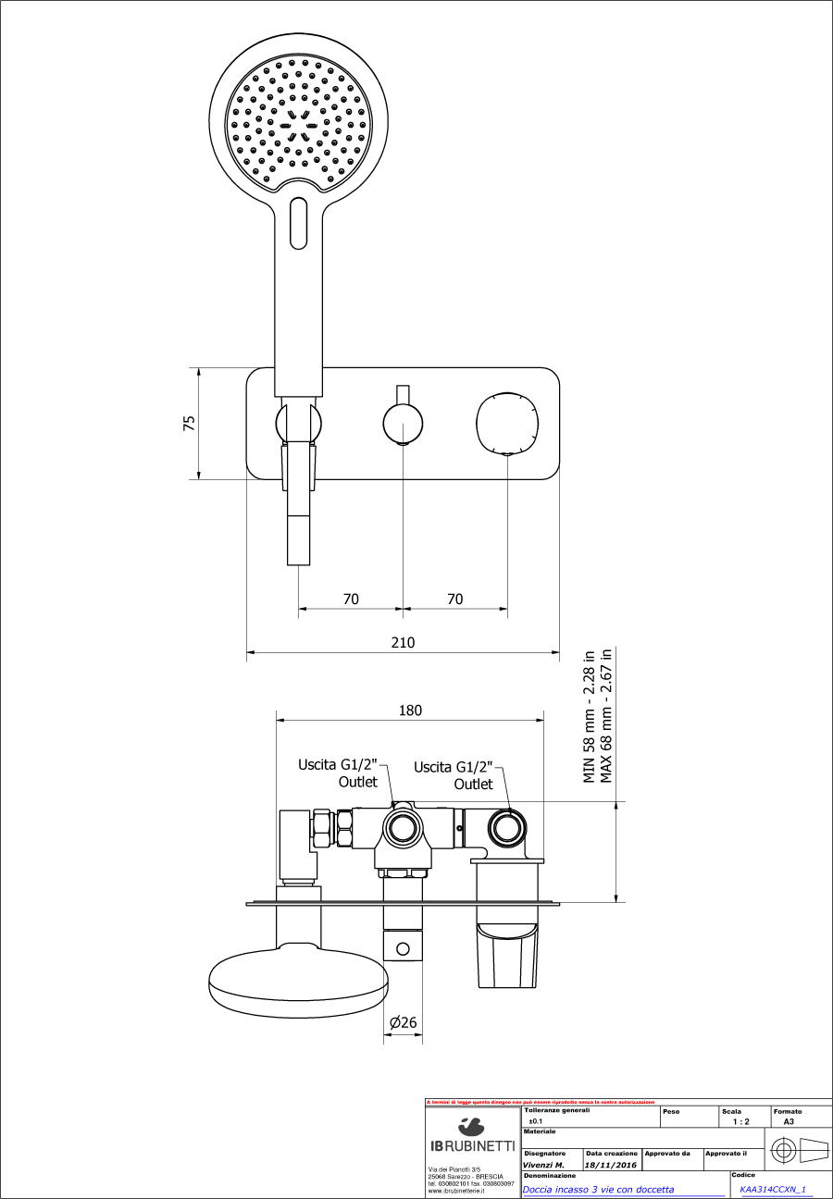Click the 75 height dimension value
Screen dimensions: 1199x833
click(x=190, y=423)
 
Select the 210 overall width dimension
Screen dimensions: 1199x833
click(x=403, y=642)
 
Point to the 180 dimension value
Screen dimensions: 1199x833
click(x=410, y=711)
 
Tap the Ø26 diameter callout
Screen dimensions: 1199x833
click(x=403, y=1022)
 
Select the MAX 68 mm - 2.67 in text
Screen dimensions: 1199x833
click(x=607, y=715)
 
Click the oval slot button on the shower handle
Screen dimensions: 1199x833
click(x=298, y=223)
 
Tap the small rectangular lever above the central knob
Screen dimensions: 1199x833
click(x=403, y=394)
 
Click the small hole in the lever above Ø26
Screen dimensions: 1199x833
click(x=403, y=948)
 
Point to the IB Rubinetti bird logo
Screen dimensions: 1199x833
click(x=472, y=1126)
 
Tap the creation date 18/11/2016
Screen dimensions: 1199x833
click(x=610, y=1165)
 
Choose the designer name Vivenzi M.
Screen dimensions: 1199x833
click(x=543, y=1165)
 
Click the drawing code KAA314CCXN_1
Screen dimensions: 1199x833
click(x=773, y=1190)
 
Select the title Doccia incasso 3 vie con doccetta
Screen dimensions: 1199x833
click(x=598, y=1190)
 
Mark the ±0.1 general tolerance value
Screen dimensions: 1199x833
click(x=535, y=1120)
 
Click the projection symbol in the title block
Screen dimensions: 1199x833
click(x=798, y=1152)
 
